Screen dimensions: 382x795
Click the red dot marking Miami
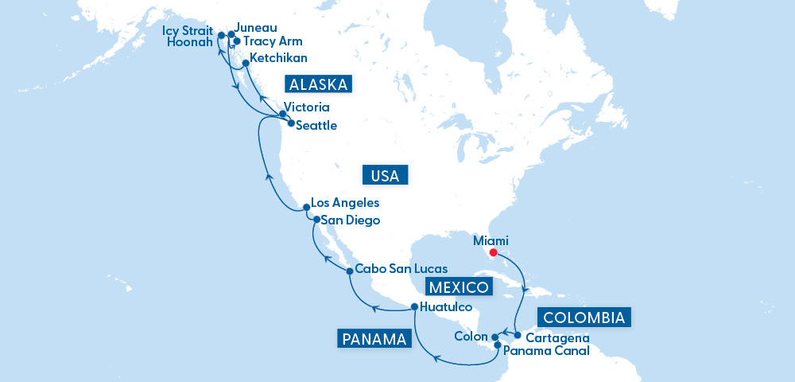[x=493, y=254]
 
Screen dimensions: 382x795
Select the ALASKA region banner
[x=318, y=85]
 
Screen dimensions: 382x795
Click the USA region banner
[x=385, y=175]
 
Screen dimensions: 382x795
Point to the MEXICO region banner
[x=458, y=287]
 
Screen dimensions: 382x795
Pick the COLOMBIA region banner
[x=585, y=318]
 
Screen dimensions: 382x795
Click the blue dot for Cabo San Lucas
[x=350, y=271]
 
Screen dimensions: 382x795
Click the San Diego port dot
[x=316, y=220]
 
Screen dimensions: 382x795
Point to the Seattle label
[x=316, y=126]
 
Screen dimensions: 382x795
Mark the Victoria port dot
[x=283, y=115]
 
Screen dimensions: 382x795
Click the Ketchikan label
[x=278, y=59]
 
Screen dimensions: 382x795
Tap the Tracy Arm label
[x=273, y=41]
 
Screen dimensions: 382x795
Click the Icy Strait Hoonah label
[x=188, y=36]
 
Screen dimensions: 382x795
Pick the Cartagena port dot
[x=518, y=335]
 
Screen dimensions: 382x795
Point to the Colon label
[x=471, y=336]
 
